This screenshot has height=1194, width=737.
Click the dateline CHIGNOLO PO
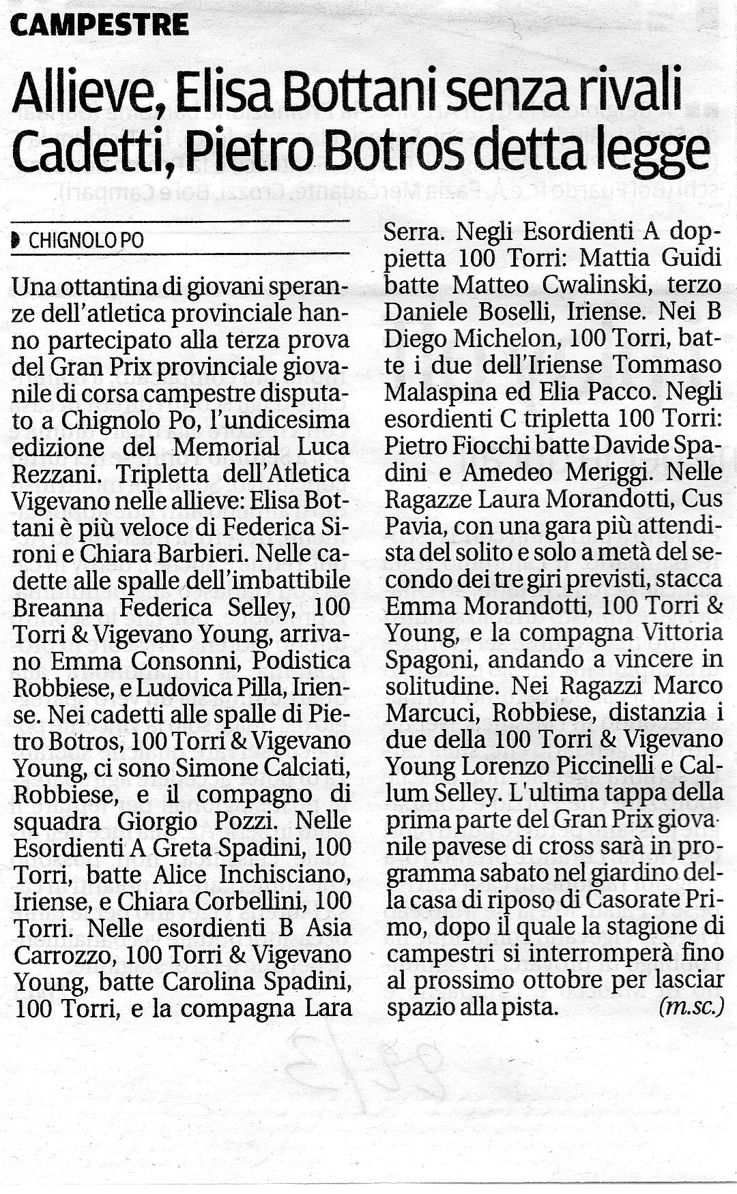tap(86, 241)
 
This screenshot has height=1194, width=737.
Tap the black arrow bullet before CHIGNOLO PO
tap(16, 241)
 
